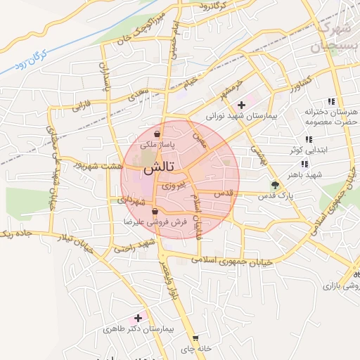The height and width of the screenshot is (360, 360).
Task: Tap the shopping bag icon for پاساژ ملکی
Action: (x=157, y=133)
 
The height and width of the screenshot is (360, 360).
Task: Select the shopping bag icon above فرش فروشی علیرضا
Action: (x=155, y=211)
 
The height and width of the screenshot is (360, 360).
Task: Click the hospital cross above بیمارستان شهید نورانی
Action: (x=241, y=105)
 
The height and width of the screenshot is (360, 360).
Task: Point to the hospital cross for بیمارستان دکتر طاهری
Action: (x=138, y=319)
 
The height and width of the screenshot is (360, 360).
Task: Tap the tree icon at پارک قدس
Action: (x=275, y=186)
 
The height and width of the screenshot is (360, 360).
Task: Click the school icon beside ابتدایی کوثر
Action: (x=307, y=139)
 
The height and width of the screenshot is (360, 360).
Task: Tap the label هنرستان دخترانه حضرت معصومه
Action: (x=331, y=117)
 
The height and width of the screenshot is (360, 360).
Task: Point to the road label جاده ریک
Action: (x=14, y=234)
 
